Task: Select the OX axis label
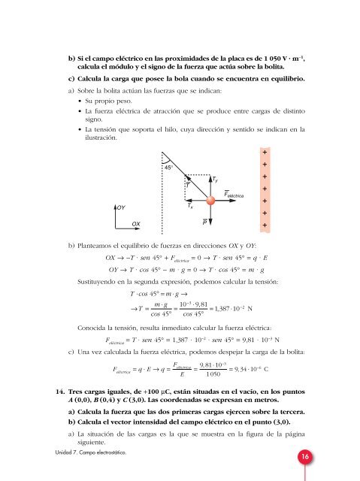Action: coord(136,224)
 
